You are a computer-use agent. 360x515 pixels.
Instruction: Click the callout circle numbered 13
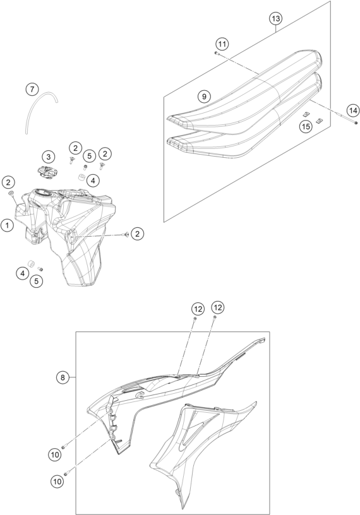[276, 19]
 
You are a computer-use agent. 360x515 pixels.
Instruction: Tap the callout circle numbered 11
[222, 44]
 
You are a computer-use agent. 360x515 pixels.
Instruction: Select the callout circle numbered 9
[204, 97]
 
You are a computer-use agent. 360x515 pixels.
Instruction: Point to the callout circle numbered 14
[353, 110]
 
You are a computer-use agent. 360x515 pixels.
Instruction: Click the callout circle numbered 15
[306, 126]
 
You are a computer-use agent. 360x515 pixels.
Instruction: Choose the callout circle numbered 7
[32, 89]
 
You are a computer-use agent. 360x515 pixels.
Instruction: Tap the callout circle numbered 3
[49, 157]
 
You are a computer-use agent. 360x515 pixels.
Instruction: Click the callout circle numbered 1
[7, 225]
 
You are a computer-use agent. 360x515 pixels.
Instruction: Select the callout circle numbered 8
[63, 377]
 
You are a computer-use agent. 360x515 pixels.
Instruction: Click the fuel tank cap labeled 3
[46, 172]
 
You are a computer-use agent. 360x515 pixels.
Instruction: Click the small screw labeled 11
[217, 53]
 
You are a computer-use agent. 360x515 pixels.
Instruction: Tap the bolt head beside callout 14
[356, 123]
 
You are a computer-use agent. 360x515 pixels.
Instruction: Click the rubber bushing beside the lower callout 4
[32, 263]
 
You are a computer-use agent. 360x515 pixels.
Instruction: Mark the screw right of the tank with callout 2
[125, 234]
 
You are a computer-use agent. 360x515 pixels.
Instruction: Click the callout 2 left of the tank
[9, 182]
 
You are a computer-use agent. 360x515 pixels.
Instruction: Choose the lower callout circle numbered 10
[57, 482]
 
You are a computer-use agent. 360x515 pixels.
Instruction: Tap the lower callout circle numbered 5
[36, 281]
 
